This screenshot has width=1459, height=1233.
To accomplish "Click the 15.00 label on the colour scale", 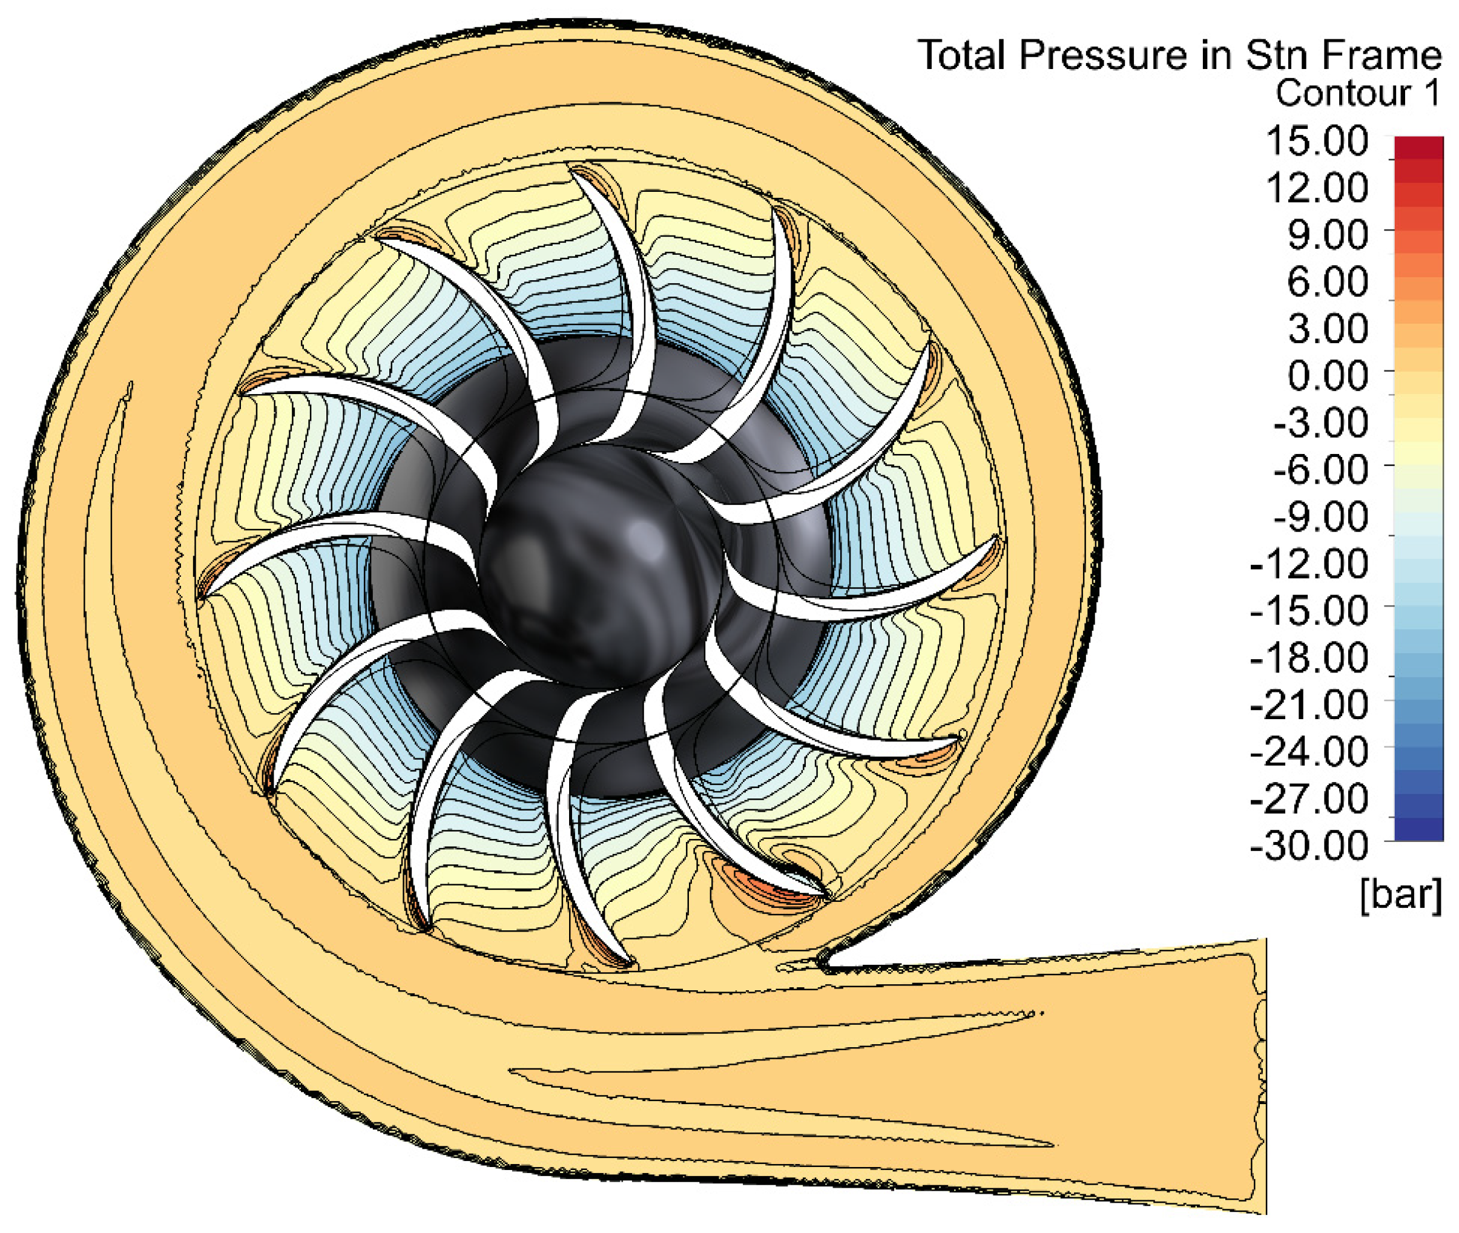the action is (1317, 141).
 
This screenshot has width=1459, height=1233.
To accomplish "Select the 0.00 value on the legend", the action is (1328, 376).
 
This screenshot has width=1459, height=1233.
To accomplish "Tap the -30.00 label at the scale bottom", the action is (1309, 846).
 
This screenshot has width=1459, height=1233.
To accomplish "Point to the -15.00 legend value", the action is (1309, 611).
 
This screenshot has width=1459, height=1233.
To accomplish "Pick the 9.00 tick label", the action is (1328, 235).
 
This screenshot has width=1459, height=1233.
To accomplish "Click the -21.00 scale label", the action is (1309, 705).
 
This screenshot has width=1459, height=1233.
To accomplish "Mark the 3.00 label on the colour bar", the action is (1328, 329).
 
